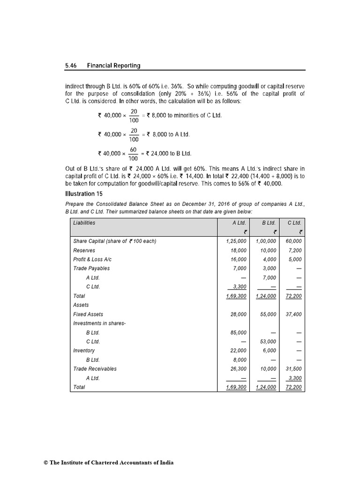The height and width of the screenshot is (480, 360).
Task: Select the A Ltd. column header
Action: click(x=239, y=223)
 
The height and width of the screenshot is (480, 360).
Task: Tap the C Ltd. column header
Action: click(x=294, y=223)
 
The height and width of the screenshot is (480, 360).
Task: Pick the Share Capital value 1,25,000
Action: click(x=236, y=241)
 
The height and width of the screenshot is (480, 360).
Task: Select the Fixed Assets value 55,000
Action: click(x=266, y=315)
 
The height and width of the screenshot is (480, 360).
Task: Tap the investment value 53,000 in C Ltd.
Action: click(x=266, y=342)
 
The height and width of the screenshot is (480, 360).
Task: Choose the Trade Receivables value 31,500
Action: click(x=294, y=369)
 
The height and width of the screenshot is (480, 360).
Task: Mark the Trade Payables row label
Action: click(x=91, y=269)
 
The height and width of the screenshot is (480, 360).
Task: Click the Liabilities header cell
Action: click(x=84, y=223)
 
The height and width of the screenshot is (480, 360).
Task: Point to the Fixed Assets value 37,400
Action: click(x=294, y=315)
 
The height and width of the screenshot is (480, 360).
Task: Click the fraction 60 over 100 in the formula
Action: click(x=133, y=153)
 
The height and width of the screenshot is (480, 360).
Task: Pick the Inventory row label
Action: click(x=84, y=351)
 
